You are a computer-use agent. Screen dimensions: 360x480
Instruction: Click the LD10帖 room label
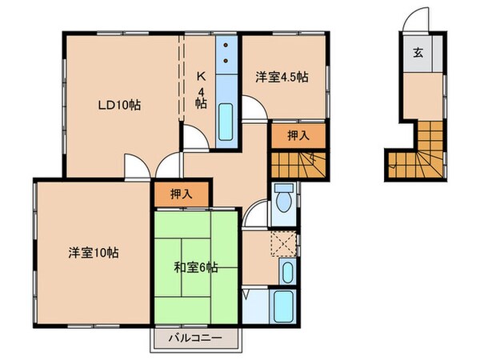120,104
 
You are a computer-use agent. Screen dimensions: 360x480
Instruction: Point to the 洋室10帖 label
93,253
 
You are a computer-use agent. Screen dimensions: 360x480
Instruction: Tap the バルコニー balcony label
194,338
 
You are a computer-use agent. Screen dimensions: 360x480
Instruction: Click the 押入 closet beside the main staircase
298,136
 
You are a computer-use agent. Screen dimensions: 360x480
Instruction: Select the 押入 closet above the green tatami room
182,193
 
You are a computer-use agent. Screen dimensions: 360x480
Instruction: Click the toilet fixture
283,200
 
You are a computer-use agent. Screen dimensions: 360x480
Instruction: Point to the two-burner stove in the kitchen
228,52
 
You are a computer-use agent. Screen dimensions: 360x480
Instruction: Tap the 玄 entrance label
419,54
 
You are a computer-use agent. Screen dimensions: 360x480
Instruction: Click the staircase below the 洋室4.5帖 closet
296,165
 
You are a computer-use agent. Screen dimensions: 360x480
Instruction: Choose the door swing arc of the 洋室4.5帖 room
254,108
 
